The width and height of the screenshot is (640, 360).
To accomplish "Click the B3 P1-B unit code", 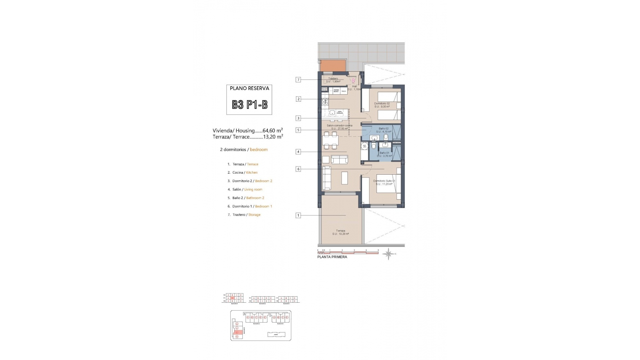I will (250, 105).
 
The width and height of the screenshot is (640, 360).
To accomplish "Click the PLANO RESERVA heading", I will (249, 88).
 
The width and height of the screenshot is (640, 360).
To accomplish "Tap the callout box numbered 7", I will (298, 80).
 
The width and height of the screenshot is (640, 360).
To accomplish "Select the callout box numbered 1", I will (298, 215).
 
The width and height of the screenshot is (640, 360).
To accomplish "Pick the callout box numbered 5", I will (298, 130).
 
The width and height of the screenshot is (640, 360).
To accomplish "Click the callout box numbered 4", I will (298, 152).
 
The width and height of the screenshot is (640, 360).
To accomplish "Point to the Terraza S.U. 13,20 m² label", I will (340, 232).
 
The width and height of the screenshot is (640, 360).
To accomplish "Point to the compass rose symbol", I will (388, 254).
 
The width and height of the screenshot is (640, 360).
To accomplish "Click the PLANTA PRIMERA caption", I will (332, 257).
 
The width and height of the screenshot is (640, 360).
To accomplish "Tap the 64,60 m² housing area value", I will (273, 131).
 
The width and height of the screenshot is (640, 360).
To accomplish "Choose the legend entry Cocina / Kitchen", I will (242, 173).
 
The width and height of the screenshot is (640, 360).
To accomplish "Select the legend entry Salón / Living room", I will (245, 189).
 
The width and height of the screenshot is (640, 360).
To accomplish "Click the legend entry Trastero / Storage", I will (244, 215).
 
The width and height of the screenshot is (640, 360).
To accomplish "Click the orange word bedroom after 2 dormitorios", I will (259, 150).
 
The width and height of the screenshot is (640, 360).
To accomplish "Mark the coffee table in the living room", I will (345, 178).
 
